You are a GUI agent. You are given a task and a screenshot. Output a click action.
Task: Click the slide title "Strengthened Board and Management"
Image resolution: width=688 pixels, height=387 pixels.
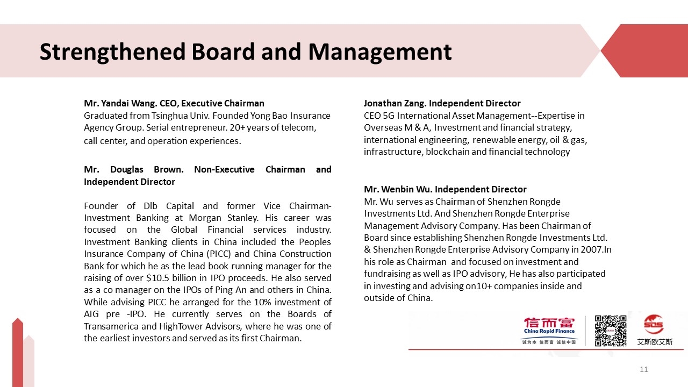pyautogui.click(x=245, y=52)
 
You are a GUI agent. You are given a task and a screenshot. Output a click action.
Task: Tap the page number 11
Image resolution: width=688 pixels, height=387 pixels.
pyautogui.click(x=644, y=369)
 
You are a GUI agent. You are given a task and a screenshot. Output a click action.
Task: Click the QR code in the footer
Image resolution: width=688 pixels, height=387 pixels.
pyautogui.click(x=610, y=331)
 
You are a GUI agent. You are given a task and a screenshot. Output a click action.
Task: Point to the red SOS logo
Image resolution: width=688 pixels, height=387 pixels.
pyautogui.click(x=654, y=325)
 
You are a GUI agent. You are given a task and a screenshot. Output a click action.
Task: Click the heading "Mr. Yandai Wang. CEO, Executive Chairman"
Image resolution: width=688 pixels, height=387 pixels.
pyautogui.click(x=174, y=103)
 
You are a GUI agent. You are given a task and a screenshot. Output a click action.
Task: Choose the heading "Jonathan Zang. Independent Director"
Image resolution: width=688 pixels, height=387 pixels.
pyautogui.click(x=442, y=103)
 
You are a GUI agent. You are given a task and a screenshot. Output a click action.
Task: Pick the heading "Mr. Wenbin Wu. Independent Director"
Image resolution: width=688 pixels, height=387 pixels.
pyautogui.click(x=445, y=189)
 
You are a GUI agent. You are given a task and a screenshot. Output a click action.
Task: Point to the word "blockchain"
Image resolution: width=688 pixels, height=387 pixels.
pyautogui.click(x=448, y=152)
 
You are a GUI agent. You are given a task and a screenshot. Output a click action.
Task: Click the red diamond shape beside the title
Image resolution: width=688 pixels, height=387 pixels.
pyautogui.click(x=643, y=51)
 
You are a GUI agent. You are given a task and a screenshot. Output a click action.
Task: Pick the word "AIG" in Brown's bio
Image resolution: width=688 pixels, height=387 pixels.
pyautogui.click(x=92, y=314)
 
